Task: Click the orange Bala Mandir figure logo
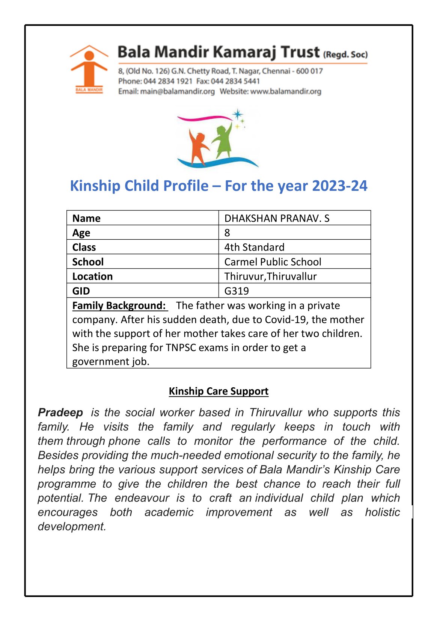(89, 68)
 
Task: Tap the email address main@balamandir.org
(177, 91)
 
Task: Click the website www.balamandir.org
(286, 91)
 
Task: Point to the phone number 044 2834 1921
(168, 81)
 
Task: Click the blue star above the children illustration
(237, 114)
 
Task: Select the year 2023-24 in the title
(339, 186)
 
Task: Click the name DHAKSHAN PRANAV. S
(277, 218)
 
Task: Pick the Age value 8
(227, 233)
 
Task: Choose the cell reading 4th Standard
(254, 247)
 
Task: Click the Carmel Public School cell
(273, 262)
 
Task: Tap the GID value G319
(237, 291)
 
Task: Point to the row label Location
(92, 277)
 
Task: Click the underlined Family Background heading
(119, 305)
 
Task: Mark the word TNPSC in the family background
(181, 348)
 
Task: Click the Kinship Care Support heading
(218, 391)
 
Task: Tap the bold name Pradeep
(60, 412)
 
